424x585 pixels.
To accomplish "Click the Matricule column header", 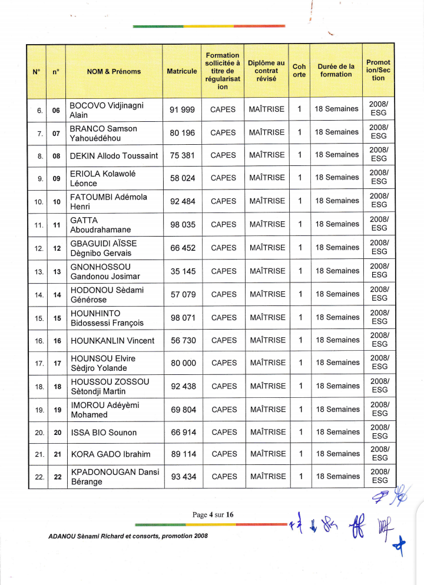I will coord(182,71).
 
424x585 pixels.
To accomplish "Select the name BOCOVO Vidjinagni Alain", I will coord(106,109).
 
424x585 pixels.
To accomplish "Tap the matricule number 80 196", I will coord(183,133).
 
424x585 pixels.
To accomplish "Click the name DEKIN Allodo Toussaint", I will coord(114,155).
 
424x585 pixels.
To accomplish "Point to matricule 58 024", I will coord(183,178).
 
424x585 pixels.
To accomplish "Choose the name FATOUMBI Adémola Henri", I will coord(108,201).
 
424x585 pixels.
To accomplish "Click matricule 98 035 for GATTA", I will coord(183,224).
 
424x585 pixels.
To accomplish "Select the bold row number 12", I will coord(57,248).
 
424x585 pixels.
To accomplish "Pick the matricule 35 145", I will coord(183,271).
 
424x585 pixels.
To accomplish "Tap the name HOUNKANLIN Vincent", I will coord(112,341).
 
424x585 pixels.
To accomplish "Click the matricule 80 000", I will coord(183,363).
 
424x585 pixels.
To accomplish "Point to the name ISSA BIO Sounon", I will coord(104,433).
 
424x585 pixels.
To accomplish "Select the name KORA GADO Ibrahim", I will coord(110,454).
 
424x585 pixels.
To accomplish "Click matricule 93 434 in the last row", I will coord(183,477).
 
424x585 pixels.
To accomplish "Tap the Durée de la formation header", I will coord(336,71).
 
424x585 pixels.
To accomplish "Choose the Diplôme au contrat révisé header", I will coord(266,71).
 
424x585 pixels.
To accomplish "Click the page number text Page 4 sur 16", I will coord(213,514).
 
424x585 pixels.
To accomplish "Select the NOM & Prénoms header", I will coord(114,72).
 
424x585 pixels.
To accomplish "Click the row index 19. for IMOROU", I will coord(39,410).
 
